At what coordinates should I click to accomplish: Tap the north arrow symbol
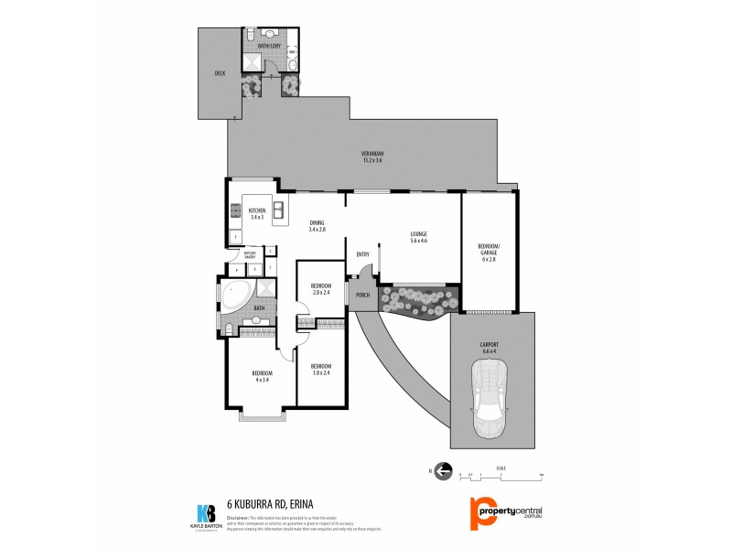[x=444, y=472]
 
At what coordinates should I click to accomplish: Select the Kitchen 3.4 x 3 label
[x=257, y=213]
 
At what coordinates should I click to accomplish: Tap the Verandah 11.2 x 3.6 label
[x=372, y=156]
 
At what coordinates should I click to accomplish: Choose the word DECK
[x=220, y=73]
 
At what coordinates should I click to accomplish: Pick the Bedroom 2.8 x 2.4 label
[x=320, y=288]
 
